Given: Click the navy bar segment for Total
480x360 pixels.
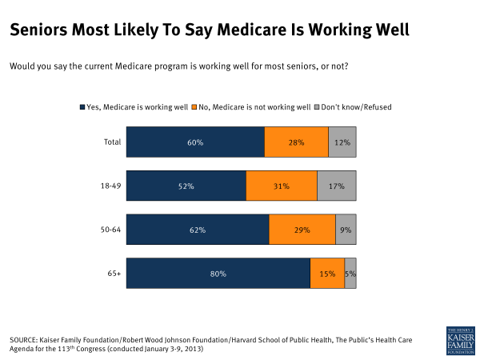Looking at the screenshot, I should [x=195, y=142].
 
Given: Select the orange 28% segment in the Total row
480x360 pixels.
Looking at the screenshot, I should [x=296, y=142].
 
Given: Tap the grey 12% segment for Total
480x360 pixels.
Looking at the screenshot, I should [x=342, y=142].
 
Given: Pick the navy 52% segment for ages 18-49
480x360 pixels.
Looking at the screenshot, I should [x=186, y=186].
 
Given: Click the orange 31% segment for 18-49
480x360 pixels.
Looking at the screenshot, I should [x=282, y=186].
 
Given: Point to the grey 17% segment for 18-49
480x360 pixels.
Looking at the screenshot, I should [x=337, y=186].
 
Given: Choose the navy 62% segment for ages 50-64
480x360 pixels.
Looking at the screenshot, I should [x=198, y=230].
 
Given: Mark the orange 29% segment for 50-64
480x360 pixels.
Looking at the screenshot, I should [x=302, y=230].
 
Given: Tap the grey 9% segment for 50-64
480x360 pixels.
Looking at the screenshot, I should [x=346, y=230].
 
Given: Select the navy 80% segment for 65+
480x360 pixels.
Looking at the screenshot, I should [x=218, y=274].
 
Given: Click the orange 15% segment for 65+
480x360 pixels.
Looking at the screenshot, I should [x=327, y=274].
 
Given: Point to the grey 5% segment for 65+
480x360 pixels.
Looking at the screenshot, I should [x=350, y=274].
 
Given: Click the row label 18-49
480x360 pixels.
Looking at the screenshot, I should [x=110, y=186].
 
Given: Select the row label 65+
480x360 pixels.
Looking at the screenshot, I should [x=113, y=274].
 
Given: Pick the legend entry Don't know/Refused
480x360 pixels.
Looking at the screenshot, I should [x=361, y=106].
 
